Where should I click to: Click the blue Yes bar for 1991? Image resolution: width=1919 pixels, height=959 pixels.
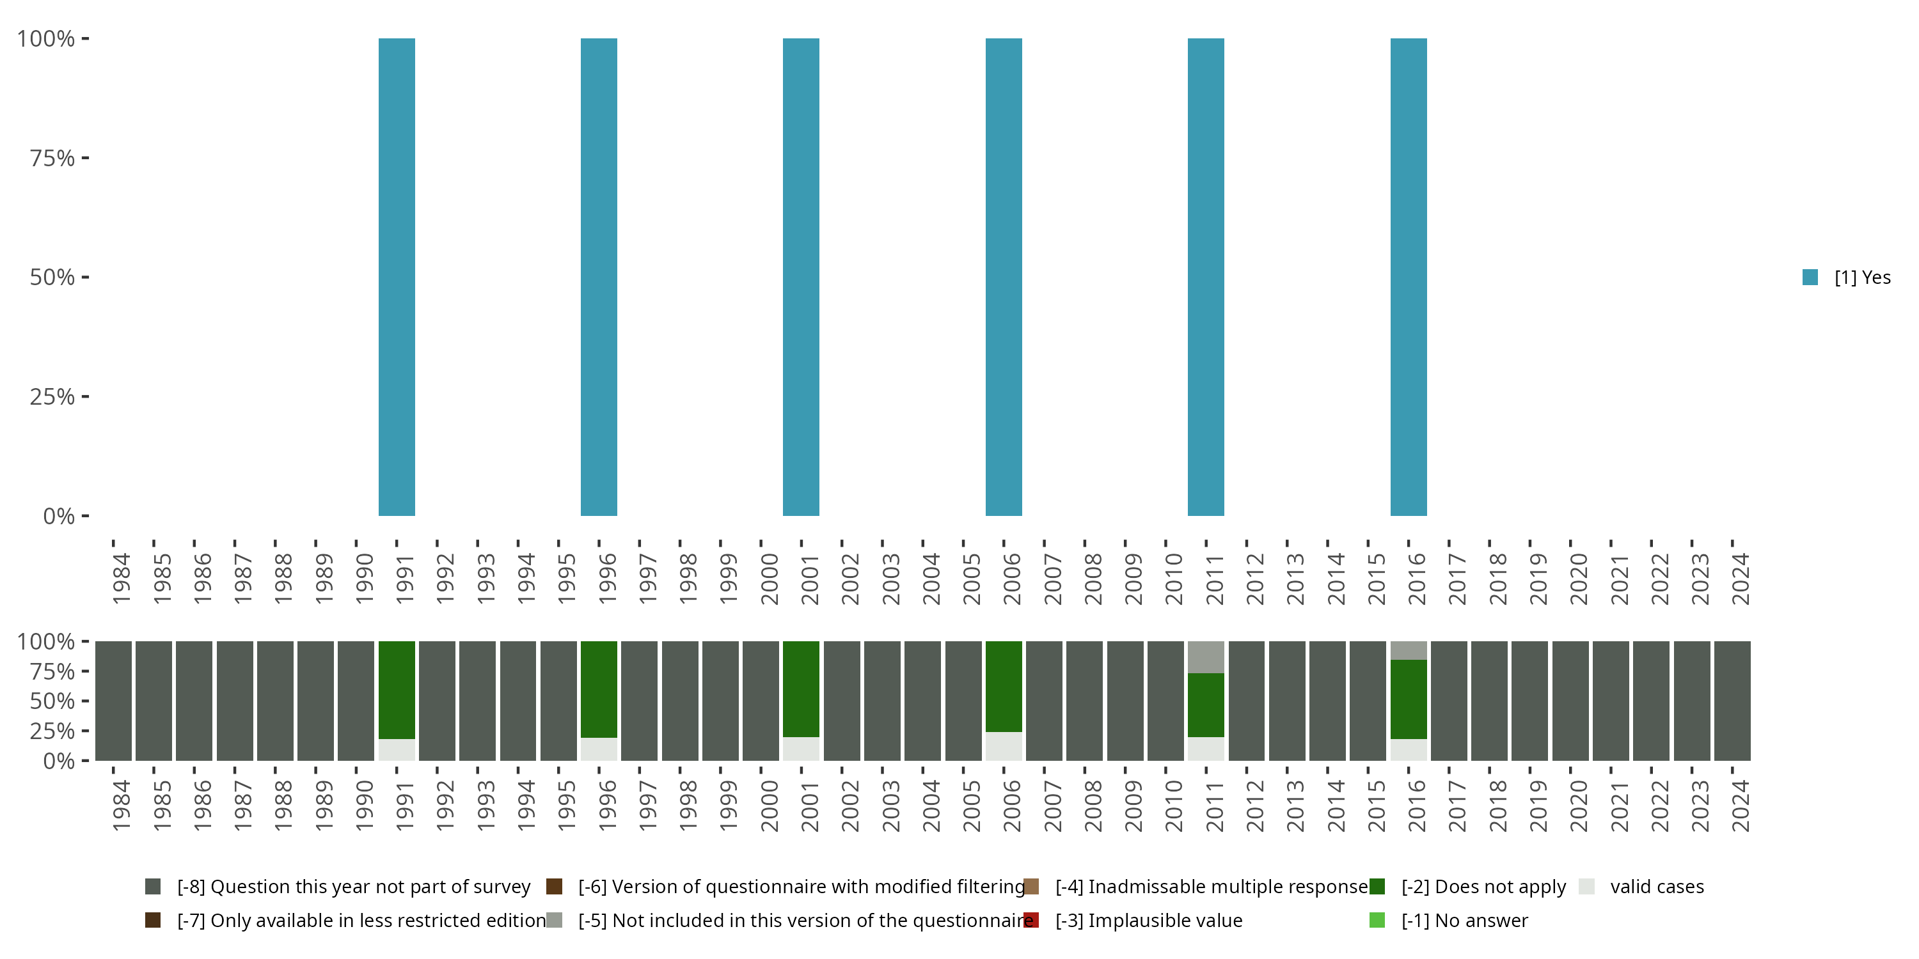tap(397, 277)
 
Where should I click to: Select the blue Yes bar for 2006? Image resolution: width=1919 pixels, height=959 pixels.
tap(1004, 277)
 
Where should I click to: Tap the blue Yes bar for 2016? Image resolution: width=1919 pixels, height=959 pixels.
tap(1408, 277)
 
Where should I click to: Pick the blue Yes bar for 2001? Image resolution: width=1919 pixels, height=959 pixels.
tap(801, 277)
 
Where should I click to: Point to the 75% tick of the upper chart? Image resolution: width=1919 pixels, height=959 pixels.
tap(85, 158)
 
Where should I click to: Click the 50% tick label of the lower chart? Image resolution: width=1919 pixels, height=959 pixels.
tap(51, 701)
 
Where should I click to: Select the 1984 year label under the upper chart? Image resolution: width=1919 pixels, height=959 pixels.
tap(122, 578)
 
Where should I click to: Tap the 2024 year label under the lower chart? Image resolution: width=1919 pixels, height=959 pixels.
tap(1739, 805)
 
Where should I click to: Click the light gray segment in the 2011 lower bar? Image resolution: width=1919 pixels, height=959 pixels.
tap(1205, 657)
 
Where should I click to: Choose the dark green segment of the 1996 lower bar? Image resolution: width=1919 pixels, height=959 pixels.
tap(599, 689)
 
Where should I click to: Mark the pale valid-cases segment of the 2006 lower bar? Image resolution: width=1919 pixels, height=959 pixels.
tap(1004, 746)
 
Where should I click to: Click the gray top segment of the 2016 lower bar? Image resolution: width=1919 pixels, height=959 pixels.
tap(1408, 650)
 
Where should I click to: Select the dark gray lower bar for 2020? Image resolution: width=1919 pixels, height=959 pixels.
tap(1570, 701)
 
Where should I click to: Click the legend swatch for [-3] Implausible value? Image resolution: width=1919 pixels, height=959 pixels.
tap(1031, 920)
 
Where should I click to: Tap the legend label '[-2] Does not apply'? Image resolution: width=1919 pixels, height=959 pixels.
tap(1483, 887)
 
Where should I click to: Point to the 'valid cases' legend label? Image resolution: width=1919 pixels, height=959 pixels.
tap(1657, 887)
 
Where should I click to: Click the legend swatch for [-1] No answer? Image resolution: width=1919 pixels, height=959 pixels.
tap(1377, 920)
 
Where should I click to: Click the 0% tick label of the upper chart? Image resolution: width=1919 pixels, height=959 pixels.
tap(58, 516)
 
